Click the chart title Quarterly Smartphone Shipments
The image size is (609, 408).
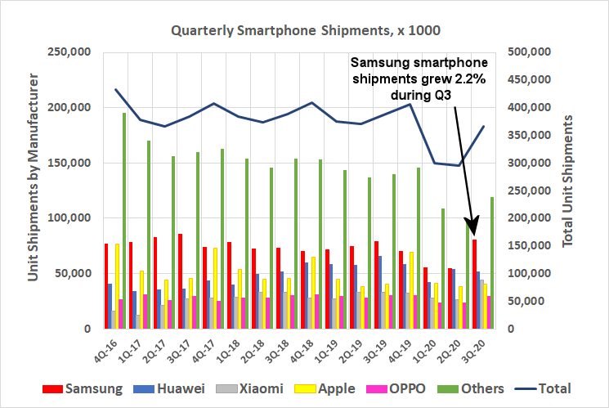[305, 31]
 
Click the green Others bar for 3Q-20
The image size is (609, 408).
[491, 262]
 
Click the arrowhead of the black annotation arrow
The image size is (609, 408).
[470, 225]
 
